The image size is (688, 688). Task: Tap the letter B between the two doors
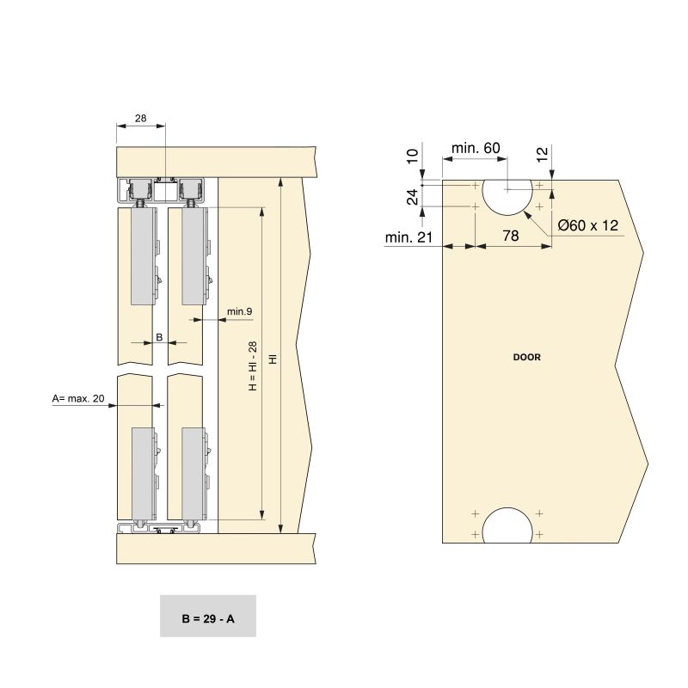159,337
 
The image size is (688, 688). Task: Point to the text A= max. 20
78,398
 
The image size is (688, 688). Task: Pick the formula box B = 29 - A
207,616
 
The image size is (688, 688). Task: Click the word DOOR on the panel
526,357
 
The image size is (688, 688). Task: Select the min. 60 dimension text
475,148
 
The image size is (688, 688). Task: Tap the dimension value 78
510,236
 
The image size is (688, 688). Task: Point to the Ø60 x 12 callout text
588,224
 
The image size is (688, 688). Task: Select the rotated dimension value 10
412,157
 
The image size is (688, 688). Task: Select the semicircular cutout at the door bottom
507,526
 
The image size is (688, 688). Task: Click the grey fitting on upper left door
144,257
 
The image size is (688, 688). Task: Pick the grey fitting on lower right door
194,473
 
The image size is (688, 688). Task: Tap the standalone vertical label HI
273,357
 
